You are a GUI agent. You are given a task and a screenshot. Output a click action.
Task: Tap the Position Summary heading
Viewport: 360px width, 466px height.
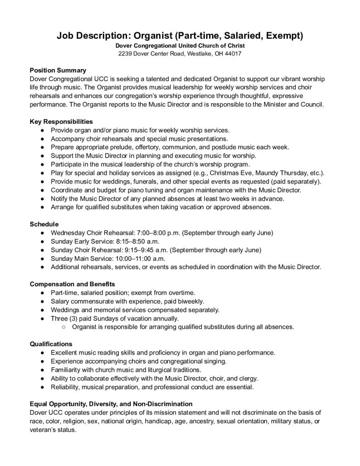pos(58,70)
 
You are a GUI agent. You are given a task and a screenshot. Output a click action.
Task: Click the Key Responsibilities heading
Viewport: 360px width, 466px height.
pos(61,122)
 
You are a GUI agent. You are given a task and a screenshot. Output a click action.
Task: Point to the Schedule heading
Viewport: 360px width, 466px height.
pos(45,224)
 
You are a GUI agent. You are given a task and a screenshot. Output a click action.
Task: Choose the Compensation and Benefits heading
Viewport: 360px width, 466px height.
pos(72,284)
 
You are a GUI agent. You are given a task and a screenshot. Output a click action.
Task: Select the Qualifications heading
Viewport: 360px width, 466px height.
pos(51,344)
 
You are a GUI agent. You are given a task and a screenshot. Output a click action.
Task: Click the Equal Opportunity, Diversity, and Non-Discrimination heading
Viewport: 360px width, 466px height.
pos(111,404)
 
